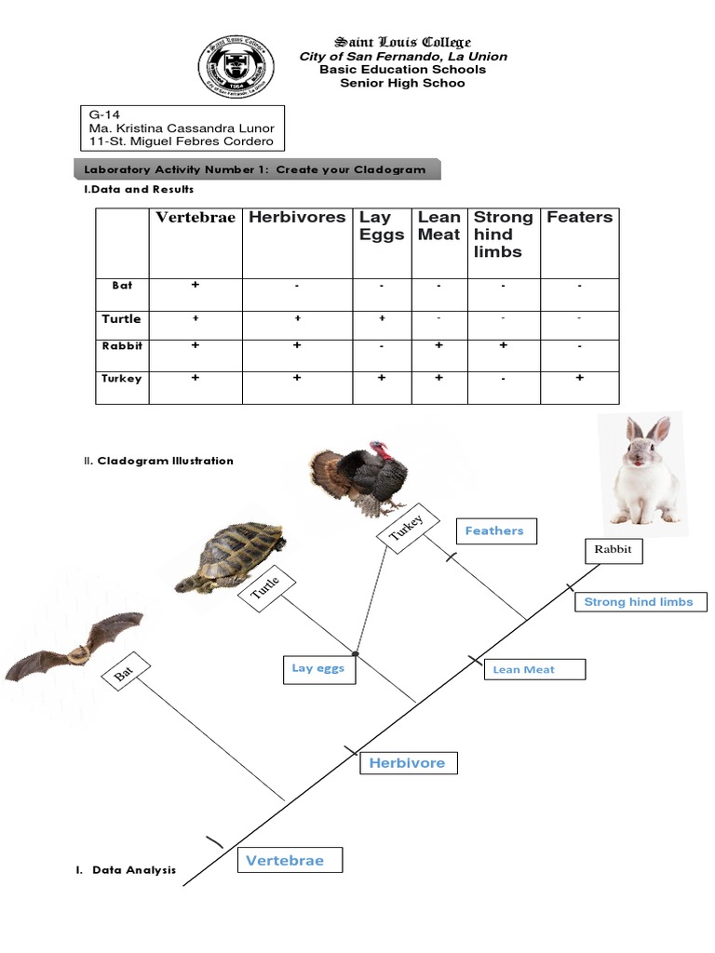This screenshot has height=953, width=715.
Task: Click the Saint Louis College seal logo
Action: coord(236,71)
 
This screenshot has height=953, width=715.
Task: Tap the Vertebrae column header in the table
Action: coord(196,218)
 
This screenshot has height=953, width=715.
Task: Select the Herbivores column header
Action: coord(297,218)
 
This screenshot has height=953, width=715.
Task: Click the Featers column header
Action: coord(579,218)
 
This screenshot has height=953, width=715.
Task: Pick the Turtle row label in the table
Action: coord(122,319)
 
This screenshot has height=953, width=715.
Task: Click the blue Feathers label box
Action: coord(495,531)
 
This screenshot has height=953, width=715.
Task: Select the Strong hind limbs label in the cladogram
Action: coord(639,602)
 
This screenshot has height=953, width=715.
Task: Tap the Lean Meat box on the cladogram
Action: coord(533,669)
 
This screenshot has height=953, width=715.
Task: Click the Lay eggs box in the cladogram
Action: coord(318,668)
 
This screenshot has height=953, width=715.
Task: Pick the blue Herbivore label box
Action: coord(408,763)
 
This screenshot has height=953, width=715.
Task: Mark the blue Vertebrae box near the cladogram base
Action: coord(287,861)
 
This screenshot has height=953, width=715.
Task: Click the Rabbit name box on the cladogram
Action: coord(613,549)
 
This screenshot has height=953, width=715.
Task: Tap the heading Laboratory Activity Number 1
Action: coord(254,169)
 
